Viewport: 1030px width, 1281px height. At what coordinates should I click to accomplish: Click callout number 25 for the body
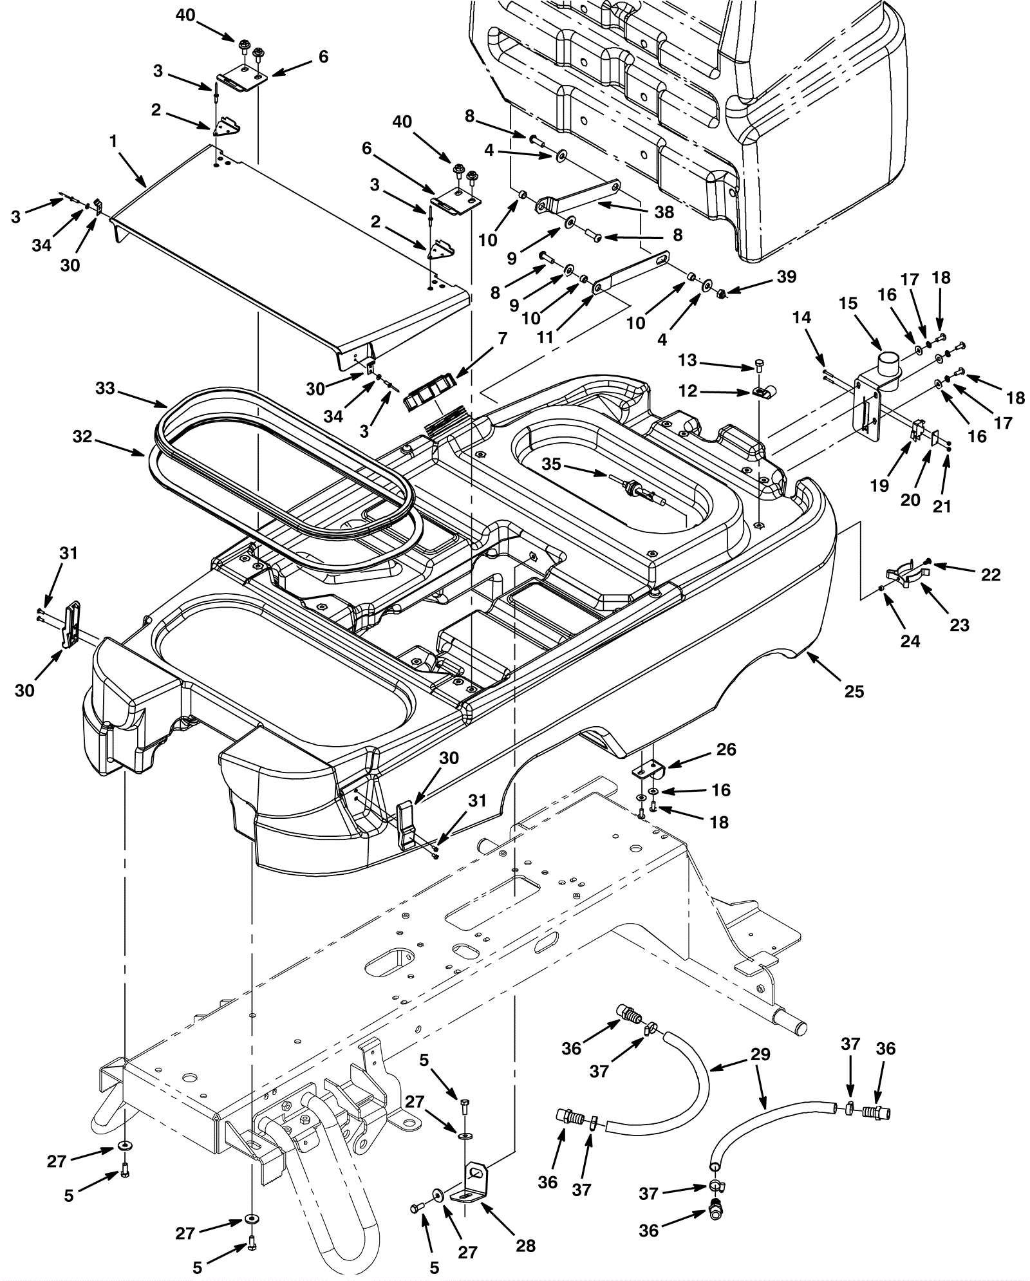coord(854,691)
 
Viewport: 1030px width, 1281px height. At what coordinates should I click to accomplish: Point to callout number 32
coord(82,437)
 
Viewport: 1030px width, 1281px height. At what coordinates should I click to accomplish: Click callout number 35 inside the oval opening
coord(552,464)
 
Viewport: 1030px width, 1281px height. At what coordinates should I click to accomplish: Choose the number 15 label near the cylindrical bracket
coord(848,303)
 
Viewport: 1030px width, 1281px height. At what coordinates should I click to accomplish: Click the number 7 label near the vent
coord(501,339)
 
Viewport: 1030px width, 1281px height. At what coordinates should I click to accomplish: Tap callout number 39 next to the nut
coord(787,277)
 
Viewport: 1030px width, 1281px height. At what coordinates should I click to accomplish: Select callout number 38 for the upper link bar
coord(664,211)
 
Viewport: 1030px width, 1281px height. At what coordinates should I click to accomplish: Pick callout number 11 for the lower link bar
coord(545,337)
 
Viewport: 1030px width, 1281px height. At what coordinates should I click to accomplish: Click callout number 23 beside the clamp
coord(960,624)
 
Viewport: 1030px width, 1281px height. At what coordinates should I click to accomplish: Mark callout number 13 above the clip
coord(688,360)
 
